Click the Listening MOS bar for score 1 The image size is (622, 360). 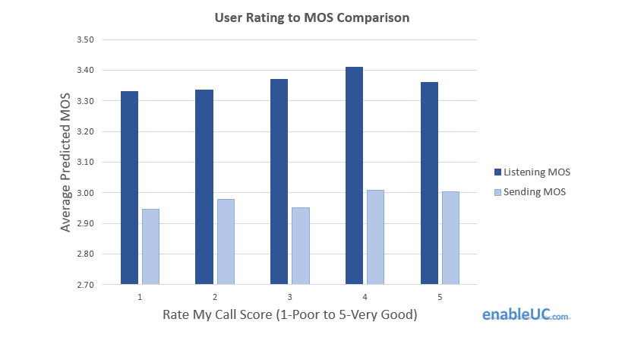[x=129, y=188]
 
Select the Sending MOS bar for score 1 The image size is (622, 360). [x=150, y=247]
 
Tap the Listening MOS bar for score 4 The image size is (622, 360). [x=354, y=175]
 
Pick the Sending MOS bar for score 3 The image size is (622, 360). [x=300, y=246]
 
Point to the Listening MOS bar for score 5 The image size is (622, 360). [x=429, y=183]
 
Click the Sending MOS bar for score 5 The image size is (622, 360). [x=450, y=238]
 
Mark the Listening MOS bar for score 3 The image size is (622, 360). [x=279, y=182]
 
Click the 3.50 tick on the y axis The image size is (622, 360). [x=85, y=39]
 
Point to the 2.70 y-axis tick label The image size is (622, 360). [x=85, y=285]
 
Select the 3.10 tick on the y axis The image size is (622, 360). [x=85, y=163]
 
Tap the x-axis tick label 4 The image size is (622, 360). [x=365, y=297]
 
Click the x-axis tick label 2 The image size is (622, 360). [x=215, y=297]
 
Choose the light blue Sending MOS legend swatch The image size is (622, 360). [x=497, y=192]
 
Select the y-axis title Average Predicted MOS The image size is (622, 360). [x=66, y=162]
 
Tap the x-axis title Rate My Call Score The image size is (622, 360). [x=290, y=314]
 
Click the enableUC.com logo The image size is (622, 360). [x=526, y=314]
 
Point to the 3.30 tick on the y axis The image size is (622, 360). [x=85, y=101]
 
